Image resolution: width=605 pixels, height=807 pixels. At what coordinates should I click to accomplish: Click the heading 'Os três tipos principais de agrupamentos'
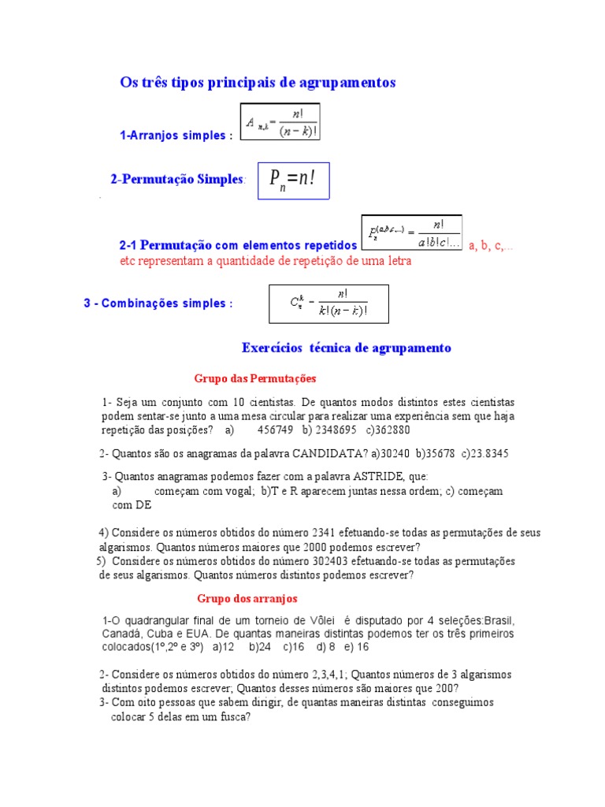258,83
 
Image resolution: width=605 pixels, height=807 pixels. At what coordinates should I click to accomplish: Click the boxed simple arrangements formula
280,122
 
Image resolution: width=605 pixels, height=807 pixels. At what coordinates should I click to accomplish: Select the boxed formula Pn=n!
293,180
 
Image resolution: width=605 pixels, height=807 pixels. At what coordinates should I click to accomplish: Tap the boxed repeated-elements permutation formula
412,233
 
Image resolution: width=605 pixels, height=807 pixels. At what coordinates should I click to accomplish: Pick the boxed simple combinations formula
328,303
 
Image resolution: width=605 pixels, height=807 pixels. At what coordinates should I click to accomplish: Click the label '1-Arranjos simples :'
176,136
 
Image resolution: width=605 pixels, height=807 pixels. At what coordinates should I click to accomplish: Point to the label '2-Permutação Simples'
177,180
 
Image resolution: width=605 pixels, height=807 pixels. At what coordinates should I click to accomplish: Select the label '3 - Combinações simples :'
158,303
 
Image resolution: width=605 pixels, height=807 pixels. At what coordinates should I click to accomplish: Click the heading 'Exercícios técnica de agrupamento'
347,348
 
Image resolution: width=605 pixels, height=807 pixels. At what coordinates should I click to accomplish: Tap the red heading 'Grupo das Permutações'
254,379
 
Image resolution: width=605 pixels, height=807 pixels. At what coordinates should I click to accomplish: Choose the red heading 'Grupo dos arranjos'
247,599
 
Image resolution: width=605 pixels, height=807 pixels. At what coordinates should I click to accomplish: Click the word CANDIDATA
329,453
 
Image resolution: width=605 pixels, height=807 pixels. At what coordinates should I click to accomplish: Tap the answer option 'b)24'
260,647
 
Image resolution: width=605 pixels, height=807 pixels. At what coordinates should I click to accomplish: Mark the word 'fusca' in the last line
233,717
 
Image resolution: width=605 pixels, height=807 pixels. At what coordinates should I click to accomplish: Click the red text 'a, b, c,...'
491,246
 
